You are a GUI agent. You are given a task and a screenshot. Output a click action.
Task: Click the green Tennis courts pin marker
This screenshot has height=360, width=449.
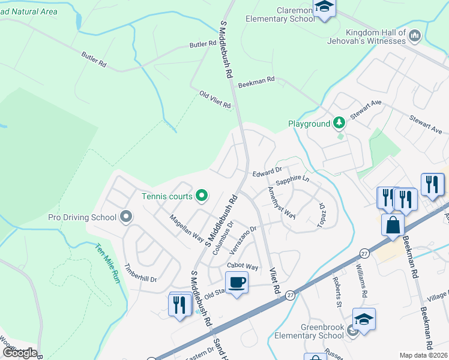coord(202,196)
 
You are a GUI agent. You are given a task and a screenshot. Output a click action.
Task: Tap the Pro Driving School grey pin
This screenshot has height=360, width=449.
coord(125,216)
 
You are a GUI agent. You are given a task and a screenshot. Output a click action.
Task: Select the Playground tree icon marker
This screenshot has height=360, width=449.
coord(340,123)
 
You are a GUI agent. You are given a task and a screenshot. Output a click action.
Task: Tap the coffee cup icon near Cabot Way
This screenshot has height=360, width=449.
coord(237,282)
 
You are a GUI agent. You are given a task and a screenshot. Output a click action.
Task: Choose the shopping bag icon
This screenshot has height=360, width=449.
coord(393,225)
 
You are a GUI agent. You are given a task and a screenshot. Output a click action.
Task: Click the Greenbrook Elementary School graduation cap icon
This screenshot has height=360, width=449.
coord(364,319)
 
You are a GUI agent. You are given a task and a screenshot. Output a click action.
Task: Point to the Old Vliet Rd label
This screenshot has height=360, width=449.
coord(215,100)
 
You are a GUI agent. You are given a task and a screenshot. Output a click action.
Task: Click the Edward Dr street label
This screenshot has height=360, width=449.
coord(267,172)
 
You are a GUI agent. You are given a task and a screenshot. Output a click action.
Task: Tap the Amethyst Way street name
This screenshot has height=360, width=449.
coord(282,204)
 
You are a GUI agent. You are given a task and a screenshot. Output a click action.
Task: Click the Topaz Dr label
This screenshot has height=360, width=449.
coord(321,215)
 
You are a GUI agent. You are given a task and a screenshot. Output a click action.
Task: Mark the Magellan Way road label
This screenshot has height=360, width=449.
coord(186,229)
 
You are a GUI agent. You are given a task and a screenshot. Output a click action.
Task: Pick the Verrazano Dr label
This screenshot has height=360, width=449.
coord(243,239)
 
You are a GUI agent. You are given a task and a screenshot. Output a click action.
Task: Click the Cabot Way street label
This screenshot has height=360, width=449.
coord(243,266)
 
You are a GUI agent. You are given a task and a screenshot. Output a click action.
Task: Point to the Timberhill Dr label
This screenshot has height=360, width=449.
coord(140,270)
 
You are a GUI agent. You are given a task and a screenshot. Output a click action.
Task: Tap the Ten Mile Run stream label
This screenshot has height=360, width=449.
coord(109,262)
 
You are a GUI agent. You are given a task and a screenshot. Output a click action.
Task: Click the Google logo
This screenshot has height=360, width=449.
coord(20,352)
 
